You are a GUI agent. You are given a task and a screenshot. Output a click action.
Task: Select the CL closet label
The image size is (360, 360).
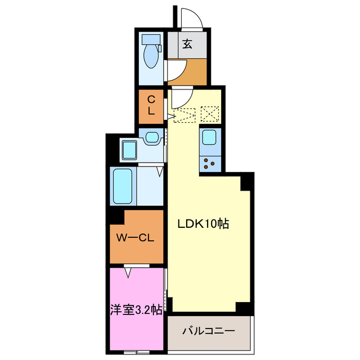click(x=151, y=105)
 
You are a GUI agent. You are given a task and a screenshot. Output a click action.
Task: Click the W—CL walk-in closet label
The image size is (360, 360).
click(x=136, y=238)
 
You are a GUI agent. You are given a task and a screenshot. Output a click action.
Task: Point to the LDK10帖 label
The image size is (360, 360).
click(x=203, y=223)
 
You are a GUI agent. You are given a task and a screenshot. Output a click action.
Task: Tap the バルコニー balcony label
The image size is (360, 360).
click(x=208, y=331)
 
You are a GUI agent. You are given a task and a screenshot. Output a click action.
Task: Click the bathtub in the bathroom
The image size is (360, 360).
click(x=123, y=186)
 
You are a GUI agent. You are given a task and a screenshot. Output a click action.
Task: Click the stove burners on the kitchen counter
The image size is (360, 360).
click(x=210, y=163)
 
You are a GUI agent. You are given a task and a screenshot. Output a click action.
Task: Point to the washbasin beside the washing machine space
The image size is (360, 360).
click(x=151, y=137)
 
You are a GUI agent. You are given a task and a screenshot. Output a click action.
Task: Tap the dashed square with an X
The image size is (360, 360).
click(x=210, y=114)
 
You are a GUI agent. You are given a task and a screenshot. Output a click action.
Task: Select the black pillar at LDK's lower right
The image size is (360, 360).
click(x=244, y=308)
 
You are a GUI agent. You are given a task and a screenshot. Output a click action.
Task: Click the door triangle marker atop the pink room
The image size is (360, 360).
click(x=129, y=272)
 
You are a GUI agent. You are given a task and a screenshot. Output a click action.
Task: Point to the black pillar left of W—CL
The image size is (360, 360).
click(x=116, y=214)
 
